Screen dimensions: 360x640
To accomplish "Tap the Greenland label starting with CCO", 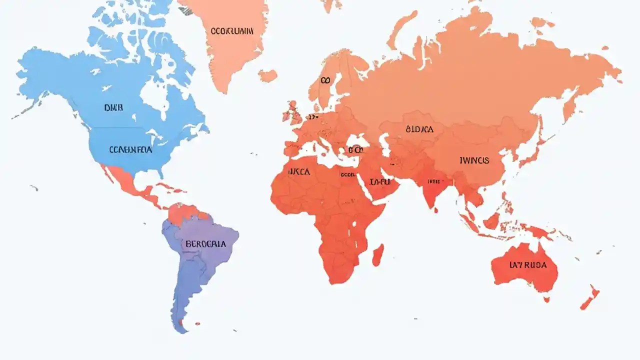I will (x=232, y=31).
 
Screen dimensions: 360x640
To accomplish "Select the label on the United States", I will (x=130, y=149).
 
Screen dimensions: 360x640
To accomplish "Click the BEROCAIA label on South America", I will (x=205, y=244).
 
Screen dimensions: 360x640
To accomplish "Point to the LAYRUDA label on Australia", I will (x=527, y=265).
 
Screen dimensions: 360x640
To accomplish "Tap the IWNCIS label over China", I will (x=474, y=160).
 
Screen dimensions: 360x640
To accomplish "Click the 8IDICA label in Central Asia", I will (x=420, y=129).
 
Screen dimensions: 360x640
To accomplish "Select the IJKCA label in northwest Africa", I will (x=299, y=171).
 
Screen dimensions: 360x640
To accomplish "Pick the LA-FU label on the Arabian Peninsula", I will (x=380, y=182).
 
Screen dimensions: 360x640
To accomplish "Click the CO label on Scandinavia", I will (x=325, y=80).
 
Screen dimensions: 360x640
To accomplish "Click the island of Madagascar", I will (x=378, y=254).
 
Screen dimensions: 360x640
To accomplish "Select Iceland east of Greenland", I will (x=267, y=75).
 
